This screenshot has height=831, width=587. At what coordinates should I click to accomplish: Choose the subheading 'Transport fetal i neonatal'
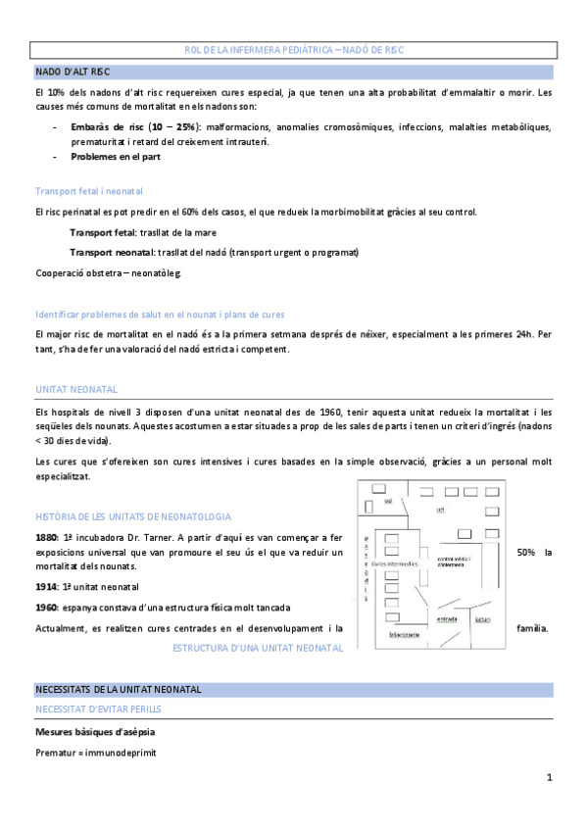pyautogui.click(x=88, y=191)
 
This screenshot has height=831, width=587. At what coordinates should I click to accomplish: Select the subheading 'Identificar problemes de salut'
pyautogui.click(x=159, y=315)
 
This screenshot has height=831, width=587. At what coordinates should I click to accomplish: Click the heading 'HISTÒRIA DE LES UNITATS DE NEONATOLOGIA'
pyautogui.click(x=132, y=515)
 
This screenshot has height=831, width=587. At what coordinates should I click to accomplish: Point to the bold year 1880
pyautogui.click(x=47, y=537)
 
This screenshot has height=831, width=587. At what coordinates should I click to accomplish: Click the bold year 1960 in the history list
pyautogui.click(x=47, y=608)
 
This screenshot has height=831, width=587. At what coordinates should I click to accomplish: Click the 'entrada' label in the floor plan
pyautogui.click(x=447, y=618)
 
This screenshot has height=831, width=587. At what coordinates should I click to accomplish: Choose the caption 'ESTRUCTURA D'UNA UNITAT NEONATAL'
pyautogui.click(x=258, y=649)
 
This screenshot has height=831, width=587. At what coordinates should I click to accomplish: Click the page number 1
pyautogui.click(x=550, y=778)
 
